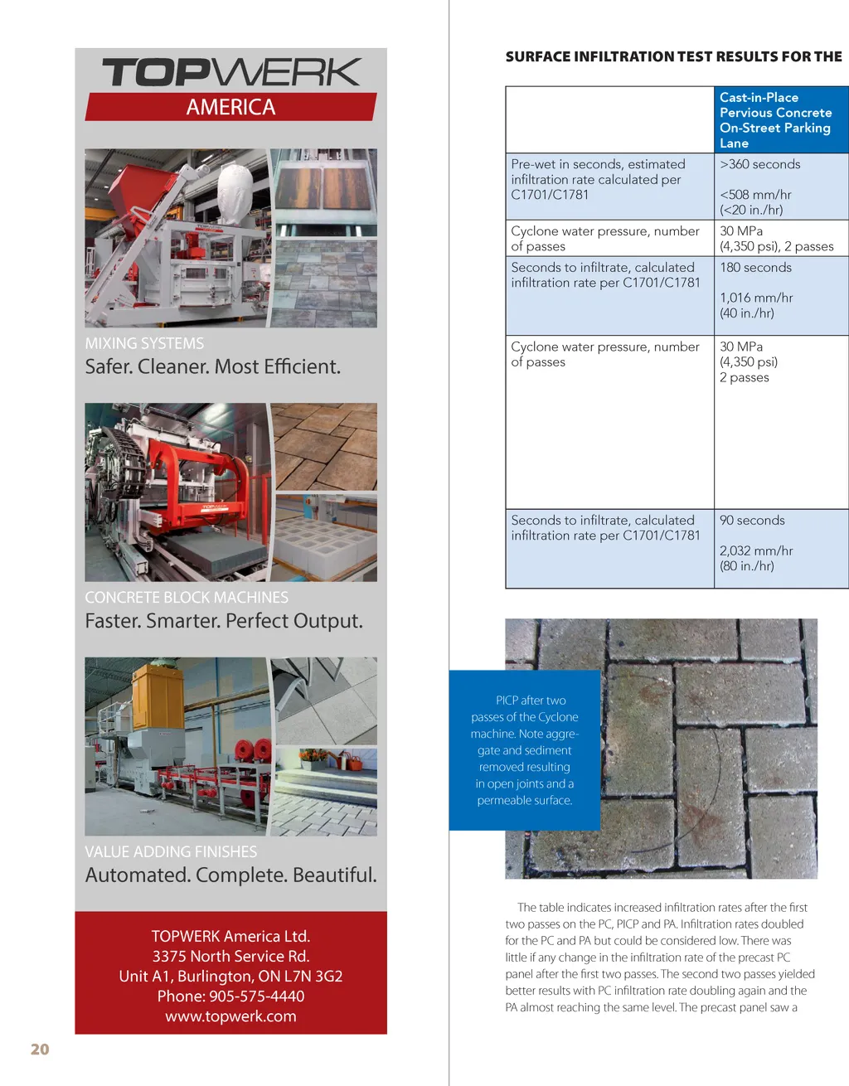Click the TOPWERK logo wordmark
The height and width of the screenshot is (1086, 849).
click(x=231, y=72)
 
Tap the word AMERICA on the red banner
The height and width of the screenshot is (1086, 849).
click(x=230, y=107)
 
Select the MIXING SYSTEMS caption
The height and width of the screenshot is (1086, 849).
click(x=144, y=343)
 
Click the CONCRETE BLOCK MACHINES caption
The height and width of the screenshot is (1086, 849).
click(x=187, y=598)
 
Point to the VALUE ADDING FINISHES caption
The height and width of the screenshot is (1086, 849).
click(x=171, y=851)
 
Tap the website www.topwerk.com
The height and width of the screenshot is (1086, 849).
click(x=230, y=1016)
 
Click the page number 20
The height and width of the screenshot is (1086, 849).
click(x=40, y=1050)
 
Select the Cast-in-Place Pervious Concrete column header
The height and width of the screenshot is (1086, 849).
click(x=775, y=119)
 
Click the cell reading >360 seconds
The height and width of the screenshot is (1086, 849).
click(x=760, y=164)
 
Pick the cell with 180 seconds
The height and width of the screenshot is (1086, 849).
click(x=755, y=268)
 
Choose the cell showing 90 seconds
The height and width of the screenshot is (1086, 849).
click(x=752, y=521)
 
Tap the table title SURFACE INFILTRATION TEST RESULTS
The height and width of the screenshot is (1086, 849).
click(x=673, y=56)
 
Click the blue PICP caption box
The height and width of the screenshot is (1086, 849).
click(x=524, y=749)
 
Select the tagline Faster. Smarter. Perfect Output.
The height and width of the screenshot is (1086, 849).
click(x=224, y=621)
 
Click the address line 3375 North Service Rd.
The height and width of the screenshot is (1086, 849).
click(x=230, y=956)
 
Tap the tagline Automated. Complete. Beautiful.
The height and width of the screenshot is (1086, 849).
click(x=230, y=875)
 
